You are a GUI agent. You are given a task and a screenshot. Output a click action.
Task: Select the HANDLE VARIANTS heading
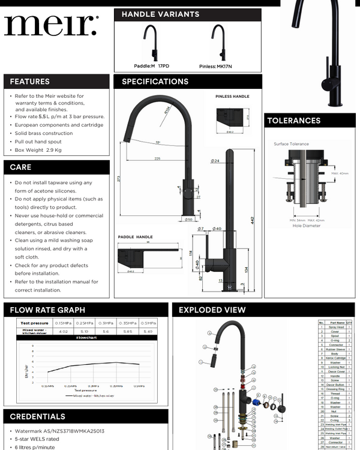(x=160, y=14)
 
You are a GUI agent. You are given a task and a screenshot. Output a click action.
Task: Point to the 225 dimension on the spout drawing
(x=157, y=159)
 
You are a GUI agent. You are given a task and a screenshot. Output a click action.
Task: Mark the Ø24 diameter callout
(x=214, y=161)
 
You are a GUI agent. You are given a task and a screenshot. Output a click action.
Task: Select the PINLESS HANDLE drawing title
(x=232, y=96)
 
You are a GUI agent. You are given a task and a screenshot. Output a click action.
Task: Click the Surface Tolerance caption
(x=291, y=144)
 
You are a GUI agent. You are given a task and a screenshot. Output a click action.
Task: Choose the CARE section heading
(x=20, y=167)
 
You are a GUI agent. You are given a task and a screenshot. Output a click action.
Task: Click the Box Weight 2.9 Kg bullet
(x=38, y=149)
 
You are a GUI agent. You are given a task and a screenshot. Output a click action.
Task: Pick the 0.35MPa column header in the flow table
(x=128, y=323)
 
